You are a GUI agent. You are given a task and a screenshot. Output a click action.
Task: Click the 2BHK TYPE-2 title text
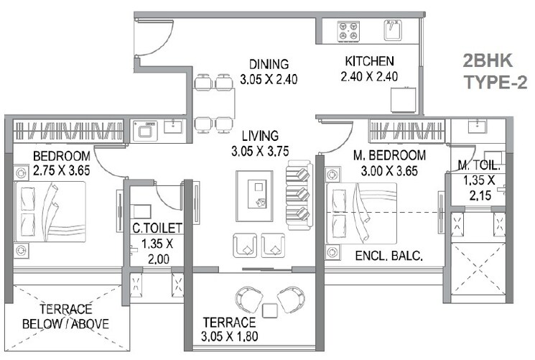[x=490, y=70]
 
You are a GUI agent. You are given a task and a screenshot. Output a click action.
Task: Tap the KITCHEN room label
[x=368, y=69]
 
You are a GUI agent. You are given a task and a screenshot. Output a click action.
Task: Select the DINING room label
[x=264, y=70]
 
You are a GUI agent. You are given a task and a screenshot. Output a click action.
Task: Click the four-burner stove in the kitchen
[x=350, y=31]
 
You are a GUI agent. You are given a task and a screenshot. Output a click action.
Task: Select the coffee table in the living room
[x=254, y=193]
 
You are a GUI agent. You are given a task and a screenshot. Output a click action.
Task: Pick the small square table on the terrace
[x=271, y=310]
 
